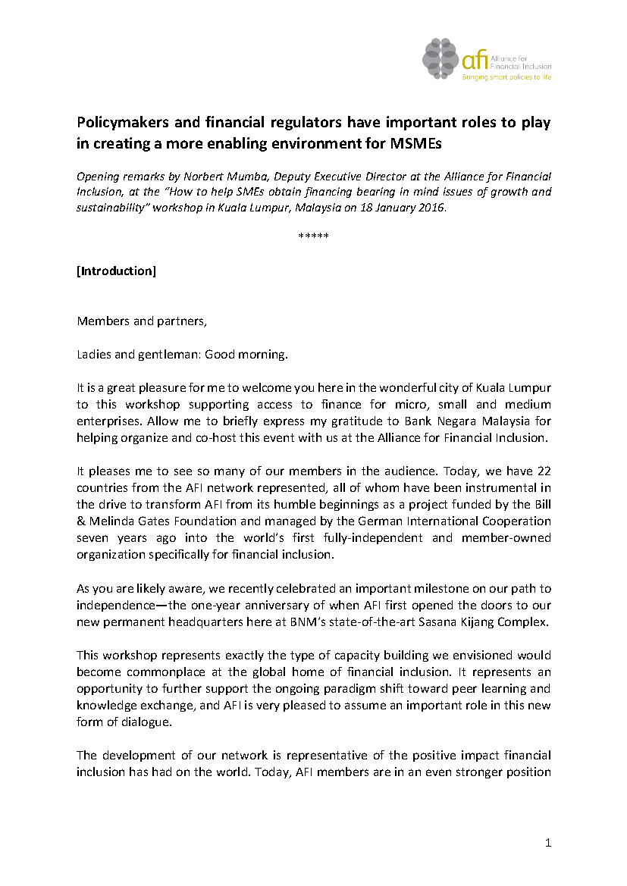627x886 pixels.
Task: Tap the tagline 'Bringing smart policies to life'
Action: pyautogui.click(x=506, y=77)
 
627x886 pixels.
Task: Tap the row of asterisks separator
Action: pyautogui.click(x=313, y=237)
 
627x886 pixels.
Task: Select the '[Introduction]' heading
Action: pyautogui.click(x=116, y=271)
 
